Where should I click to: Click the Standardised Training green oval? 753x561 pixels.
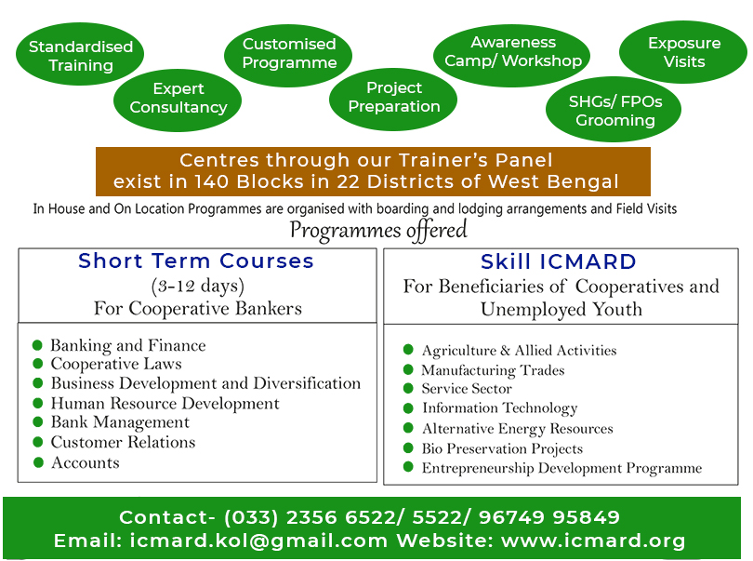(x=80, y=54)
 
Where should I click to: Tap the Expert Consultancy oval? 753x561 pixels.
(x=178, y=100)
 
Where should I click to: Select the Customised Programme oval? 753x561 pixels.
(x=288, y=56)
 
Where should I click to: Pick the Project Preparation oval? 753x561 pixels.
(x=393, y=100)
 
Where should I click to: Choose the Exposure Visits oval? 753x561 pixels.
(x=683, y=52)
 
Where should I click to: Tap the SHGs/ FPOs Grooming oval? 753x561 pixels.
(x=614, y=110)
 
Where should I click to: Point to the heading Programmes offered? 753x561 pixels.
(x=378, y=230)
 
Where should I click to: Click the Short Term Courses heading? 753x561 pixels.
(x=196, y=261)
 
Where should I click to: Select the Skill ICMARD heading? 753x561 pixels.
(x=559, y=262)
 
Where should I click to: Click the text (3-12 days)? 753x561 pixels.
(x=197, y=286)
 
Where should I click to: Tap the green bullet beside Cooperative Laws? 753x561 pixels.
(x=38, y=364)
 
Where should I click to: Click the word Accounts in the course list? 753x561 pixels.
(x=86, y=462)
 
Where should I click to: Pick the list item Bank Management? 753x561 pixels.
(x=120, y=422)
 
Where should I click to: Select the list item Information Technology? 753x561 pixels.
(x=500, y=408)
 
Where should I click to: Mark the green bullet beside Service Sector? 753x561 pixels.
(x=408, y=388)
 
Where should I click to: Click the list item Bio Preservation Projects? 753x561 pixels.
(x=502, y=448)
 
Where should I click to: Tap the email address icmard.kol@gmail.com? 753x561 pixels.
(x=258, y=541)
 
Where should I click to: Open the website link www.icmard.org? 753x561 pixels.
(x=593, y=541)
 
